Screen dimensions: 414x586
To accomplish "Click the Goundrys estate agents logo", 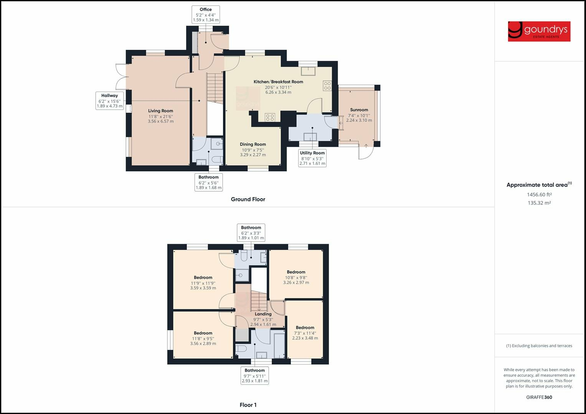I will click(x=539, y=31).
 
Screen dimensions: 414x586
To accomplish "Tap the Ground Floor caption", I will click(x=248, y=199).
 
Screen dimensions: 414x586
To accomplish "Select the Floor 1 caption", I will click(x=248, y=405).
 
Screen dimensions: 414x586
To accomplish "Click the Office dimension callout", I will click(x=205, y=15).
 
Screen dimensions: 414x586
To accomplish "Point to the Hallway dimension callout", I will click(x=109, y=101).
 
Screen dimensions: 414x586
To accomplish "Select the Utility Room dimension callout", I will click(x=312, y=158).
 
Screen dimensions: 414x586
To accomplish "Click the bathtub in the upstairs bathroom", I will click(x=278, y=344).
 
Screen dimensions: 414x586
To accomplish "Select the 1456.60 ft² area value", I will click(x=539, y=195).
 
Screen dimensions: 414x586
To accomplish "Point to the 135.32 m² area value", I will click(x=539, y=203).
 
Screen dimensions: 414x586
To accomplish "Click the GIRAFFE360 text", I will click(x=539, y=397).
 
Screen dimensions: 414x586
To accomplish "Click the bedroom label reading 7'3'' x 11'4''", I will click(x=305, y=333).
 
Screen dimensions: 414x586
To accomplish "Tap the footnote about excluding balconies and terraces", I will click(x=539, y=346).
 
